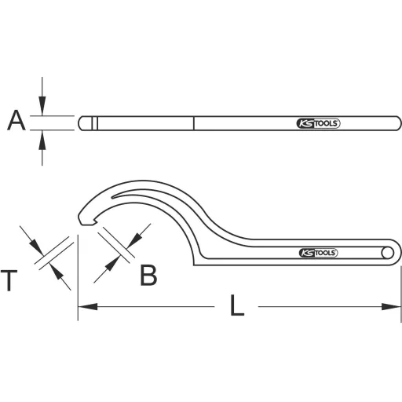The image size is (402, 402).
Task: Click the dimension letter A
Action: tap(16, 122)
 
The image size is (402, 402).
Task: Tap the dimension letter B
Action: tap(148, 274)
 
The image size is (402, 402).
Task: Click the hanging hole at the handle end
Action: tap(387, 252)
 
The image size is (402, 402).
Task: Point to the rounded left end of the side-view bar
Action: tap(82, 123)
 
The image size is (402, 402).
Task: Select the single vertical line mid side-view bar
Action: tap(195, 123)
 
